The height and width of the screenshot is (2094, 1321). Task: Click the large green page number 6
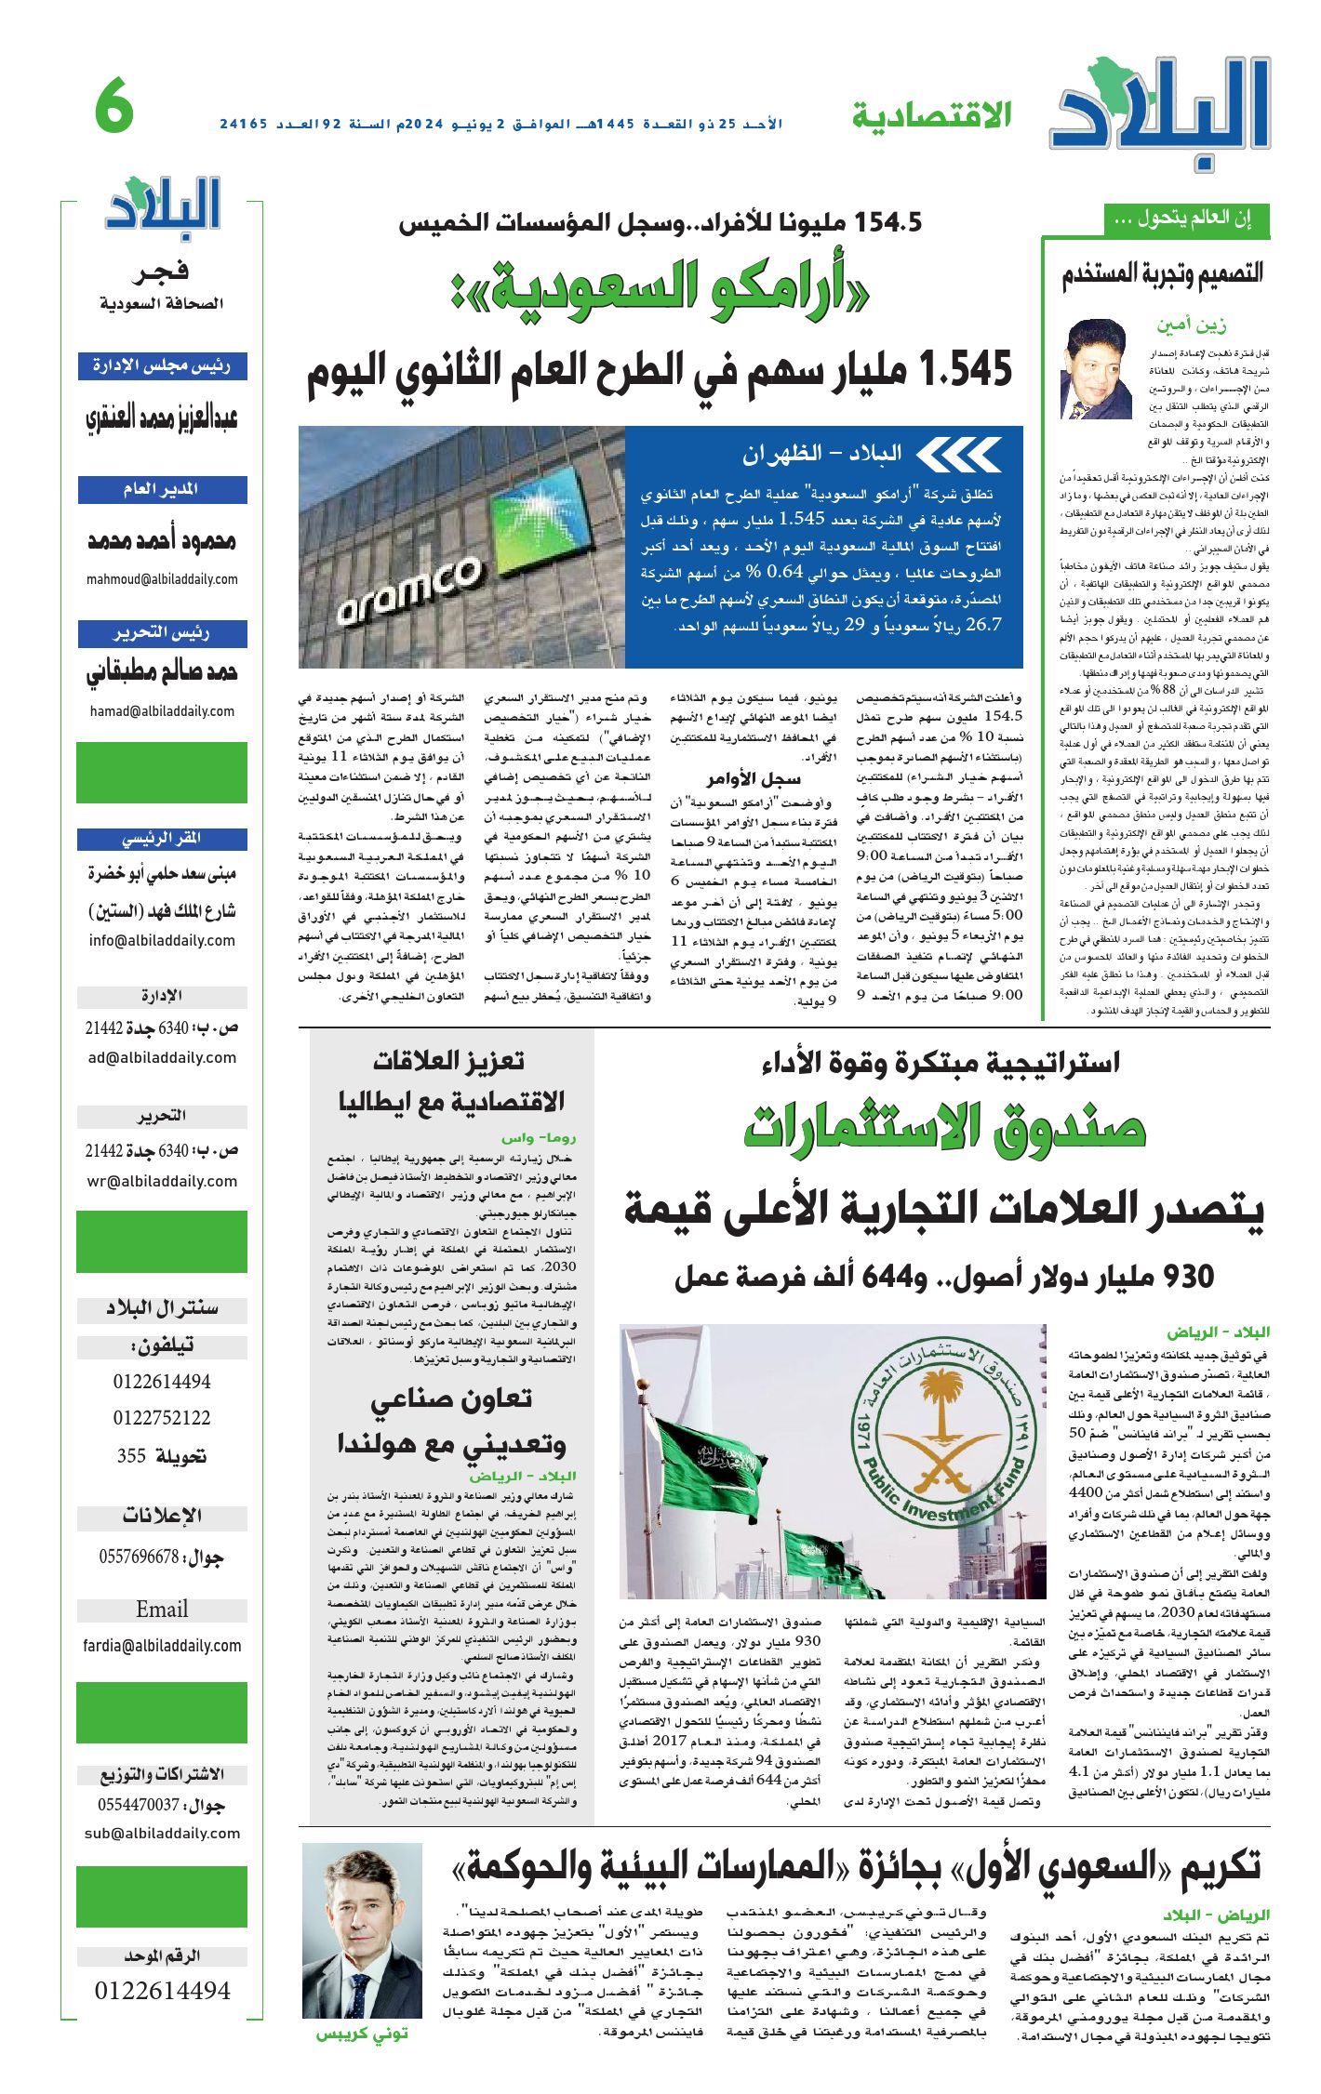115,110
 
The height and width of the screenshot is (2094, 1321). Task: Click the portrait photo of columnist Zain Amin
1094,369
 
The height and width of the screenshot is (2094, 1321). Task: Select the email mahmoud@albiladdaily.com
162,579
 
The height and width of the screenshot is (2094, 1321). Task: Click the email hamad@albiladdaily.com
162,711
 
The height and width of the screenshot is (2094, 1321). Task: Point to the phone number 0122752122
162,1418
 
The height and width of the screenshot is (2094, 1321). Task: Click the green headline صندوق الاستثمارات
944,1129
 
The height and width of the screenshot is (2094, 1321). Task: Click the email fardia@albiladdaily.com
162,1645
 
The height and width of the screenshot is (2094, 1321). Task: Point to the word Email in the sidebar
162,1610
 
